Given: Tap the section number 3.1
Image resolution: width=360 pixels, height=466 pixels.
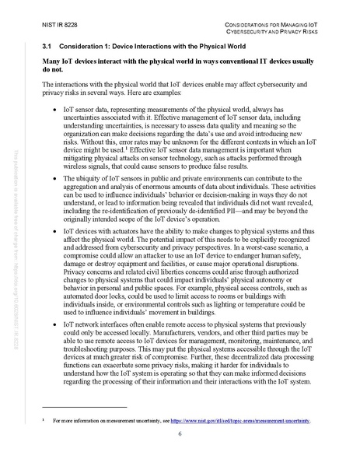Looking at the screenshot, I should (x=49, y=47).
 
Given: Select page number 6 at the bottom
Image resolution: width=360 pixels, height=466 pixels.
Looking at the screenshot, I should (x=180, y=433).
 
